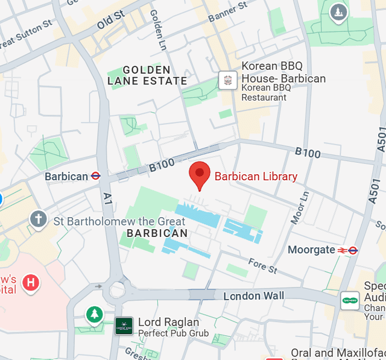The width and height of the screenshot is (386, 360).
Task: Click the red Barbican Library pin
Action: click(200, 173)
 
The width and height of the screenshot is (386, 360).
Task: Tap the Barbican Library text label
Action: click(256, 177)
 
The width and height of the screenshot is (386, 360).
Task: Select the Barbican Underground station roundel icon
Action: click(95, 176)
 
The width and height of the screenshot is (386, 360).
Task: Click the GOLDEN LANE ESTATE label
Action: click(147, 75)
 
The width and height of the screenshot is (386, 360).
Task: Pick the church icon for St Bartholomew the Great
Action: click(39, 219)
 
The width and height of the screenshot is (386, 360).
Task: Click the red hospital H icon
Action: click(30, 282)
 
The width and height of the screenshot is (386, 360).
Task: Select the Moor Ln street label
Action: click(300, 208)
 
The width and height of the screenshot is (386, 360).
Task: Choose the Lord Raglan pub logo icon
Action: click(124, 326)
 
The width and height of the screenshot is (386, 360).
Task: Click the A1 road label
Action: click(107, 197)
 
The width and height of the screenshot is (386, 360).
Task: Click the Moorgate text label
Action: click(311, 250)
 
